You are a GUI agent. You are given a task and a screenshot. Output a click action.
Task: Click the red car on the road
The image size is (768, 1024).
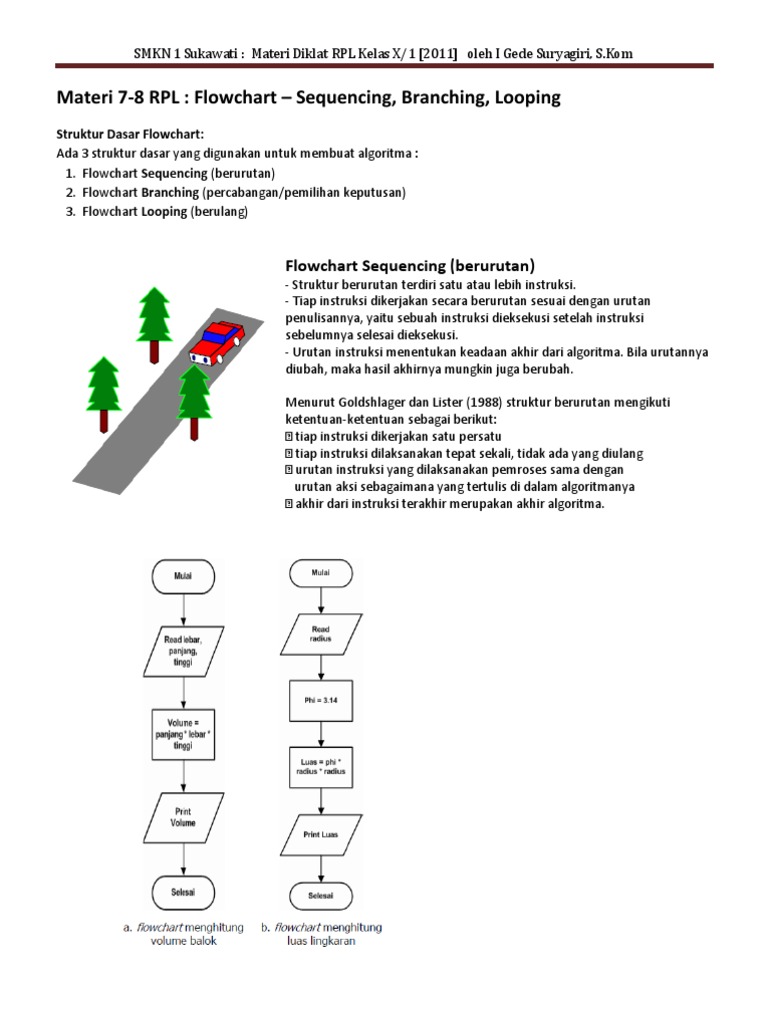(x=215, y=342)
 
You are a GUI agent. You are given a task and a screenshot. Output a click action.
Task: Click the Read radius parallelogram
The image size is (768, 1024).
(x=320, y=632)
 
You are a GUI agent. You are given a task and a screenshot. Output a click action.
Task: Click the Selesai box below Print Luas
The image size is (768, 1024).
(x=320, y=894)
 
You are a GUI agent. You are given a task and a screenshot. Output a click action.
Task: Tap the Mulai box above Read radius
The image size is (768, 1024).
(x=320, y=573)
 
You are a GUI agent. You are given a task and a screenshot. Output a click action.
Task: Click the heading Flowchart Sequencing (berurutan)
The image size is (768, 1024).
(x=410, y=266)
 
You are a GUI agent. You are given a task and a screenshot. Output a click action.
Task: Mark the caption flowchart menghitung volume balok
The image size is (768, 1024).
(x=186, y=934)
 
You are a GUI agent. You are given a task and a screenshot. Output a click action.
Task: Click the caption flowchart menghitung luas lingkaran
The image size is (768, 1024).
(x=321, y=934)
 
